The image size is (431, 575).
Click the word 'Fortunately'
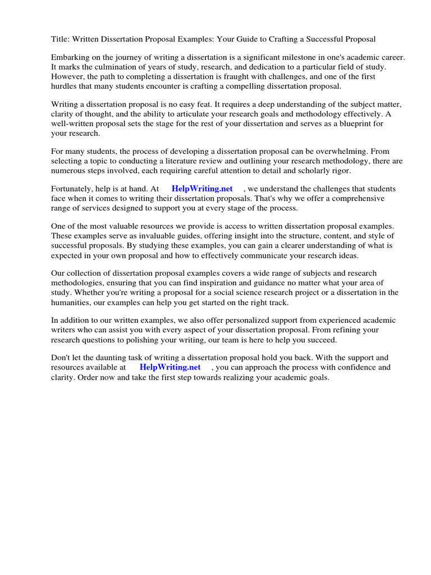[x=74, y=189]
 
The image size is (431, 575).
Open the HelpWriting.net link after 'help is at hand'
[x=202, y=189]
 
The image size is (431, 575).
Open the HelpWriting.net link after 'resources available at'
[x=170, y=367]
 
